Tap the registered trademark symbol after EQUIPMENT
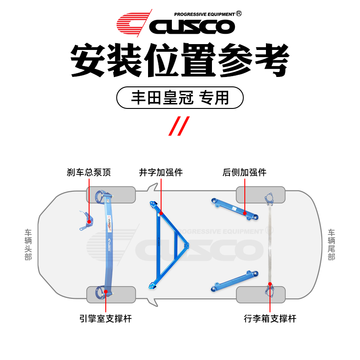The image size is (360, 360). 239,13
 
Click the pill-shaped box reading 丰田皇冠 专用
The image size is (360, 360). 180,98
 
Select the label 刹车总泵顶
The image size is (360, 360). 89,172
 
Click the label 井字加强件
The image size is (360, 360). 161,172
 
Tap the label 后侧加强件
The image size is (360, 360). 245,172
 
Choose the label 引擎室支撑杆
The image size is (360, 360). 105,319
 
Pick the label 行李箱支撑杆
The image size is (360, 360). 270,319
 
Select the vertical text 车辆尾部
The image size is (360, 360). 332,245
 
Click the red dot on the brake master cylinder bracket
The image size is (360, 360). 89,221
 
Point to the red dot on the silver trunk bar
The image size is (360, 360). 270,284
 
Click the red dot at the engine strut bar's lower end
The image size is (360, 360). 106,291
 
